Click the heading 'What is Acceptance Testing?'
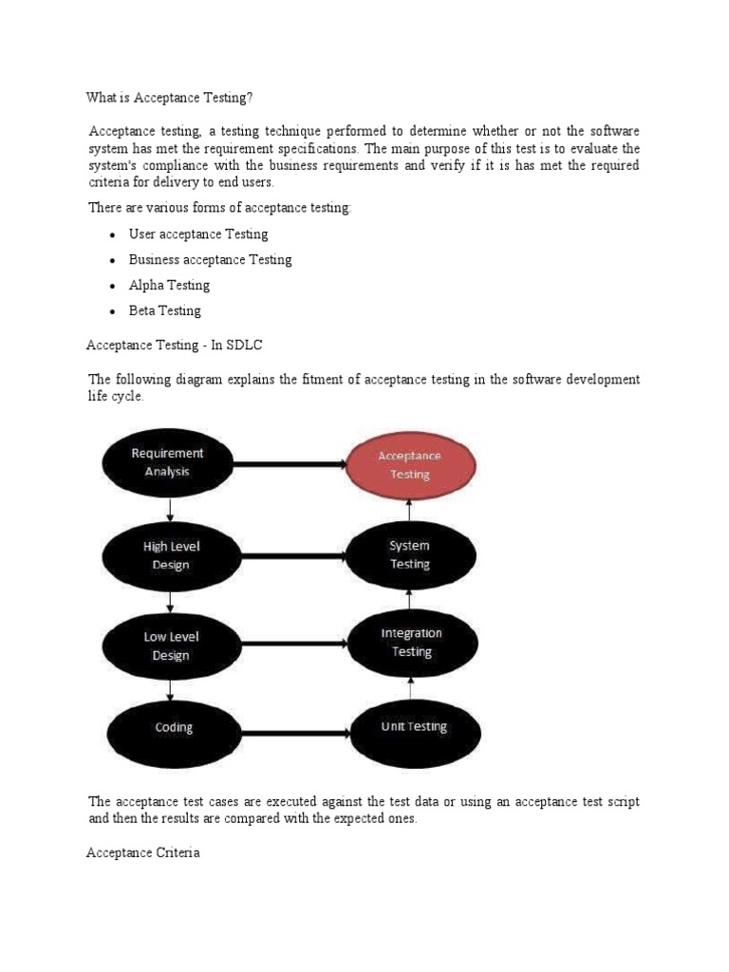(170, 98)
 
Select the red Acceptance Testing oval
(410, 465)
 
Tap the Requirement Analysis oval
(167, 462)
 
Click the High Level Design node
(172, 556)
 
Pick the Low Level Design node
(172, 645)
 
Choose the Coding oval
(174, 728)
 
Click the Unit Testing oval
(414, 728)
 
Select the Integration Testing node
(411, 643)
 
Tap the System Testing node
(410, 555)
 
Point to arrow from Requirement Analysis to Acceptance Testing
(290, 464)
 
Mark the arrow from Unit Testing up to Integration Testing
(411, 690)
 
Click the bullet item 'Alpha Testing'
(169, 285)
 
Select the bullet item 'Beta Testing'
(165, 310)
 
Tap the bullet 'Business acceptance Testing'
(210, 259)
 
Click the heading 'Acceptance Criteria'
(143, 853)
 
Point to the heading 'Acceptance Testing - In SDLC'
(174, 346)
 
